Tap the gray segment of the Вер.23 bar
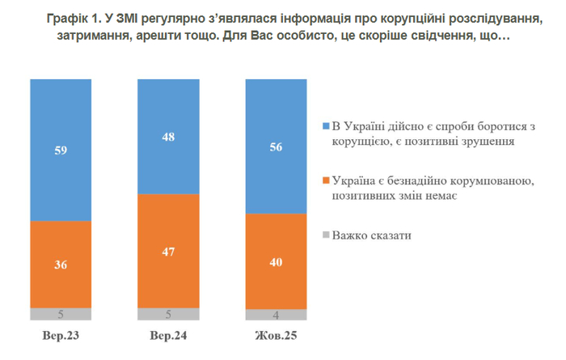61,314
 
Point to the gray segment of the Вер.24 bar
168,314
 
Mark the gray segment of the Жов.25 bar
276,315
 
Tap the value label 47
168,251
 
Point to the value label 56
276,146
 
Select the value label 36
61,265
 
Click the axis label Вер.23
61,334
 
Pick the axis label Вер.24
168,334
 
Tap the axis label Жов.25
276,334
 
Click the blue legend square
326,127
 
